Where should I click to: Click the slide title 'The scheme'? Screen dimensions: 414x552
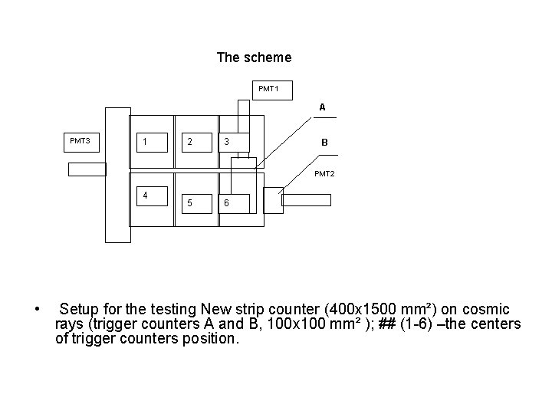(x=254, y=58)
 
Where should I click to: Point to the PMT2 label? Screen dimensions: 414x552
(x=324, y=174)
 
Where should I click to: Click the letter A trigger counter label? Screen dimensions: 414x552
(x=322, y=107)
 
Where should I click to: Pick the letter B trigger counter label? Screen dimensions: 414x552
(x=324, y=143)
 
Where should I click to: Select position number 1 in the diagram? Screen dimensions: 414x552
(x=145, y=142)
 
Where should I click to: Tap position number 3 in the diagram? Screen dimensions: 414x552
(x=225, y=142)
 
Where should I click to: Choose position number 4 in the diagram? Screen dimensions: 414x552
(x=145, y=195)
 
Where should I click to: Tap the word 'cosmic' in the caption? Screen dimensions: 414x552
(x=488, y=310)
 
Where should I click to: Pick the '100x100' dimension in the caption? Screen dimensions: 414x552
(x=282, y=324)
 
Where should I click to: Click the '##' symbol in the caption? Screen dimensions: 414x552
(x=389, y=324)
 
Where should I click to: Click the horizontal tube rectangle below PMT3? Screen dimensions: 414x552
(x=87, y=169)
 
